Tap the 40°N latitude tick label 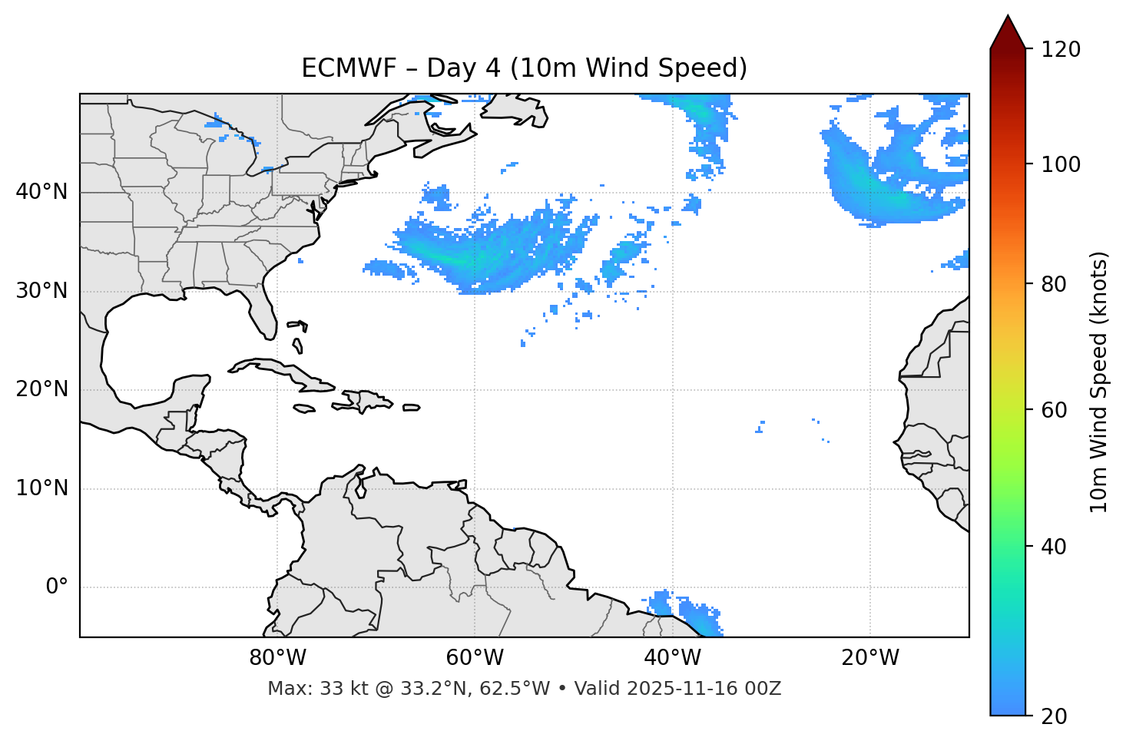(41, 192)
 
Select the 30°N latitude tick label (41, 291)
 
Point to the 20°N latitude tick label (41, 389)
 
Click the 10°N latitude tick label (41, 488)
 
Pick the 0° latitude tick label (56, 587)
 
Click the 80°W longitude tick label (277, 658)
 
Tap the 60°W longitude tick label (475, 658)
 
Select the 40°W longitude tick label (672, 658)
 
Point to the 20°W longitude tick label (869, 658)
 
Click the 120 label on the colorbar (1062, 49)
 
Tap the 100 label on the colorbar (1062, 164)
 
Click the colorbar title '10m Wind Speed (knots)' (1099, 382)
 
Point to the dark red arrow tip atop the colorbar (1008, 29)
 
